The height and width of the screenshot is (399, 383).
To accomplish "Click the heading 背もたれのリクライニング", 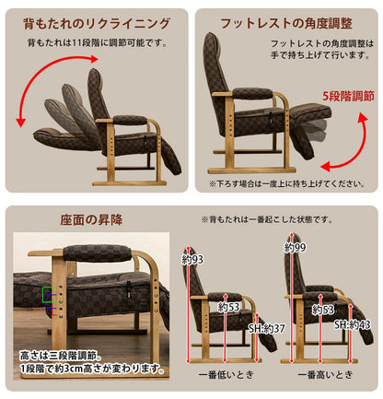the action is pos(97,24).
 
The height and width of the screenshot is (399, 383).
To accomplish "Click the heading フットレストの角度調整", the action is pos(286,23).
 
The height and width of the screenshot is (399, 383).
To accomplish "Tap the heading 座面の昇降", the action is pos(91,220).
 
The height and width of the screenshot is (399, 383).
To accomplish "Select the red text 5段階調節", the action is pos(348,96).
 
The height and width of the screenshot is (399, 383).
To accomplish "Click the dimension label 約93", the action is pos(192,260).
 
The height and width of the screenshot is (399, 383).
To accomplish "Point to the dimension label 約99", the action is pos(295,248).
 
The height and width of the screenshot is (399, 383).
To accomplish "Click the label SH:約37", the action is pos(267,329).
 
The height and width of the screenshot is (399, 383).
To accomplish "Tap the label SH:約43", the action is pos(353,324).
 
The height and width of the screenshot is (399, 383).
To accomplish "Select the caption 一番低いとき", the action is pos(226,375).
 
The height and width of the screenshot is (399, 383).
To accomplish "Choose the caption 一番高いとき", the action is pos(325,375).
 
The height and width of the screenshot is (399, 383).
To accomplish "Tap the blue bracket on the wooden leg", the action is pos(51,301).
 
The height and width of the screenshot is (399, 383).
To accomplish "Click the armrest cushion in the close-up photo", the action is pos(98,253).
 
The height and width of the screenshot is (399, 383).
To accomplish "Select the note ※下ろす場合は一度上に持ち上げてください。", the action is pos(287,183).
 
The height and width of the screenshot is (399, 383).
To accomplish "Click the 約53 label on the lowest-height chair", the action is pos(228,307).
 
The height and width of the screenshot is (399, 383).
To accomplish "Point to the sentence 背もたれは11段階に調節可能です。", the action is pos(98,42).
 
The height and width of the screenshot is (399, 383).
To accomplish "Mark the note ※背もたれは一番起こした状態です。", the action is pos(267,219).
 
